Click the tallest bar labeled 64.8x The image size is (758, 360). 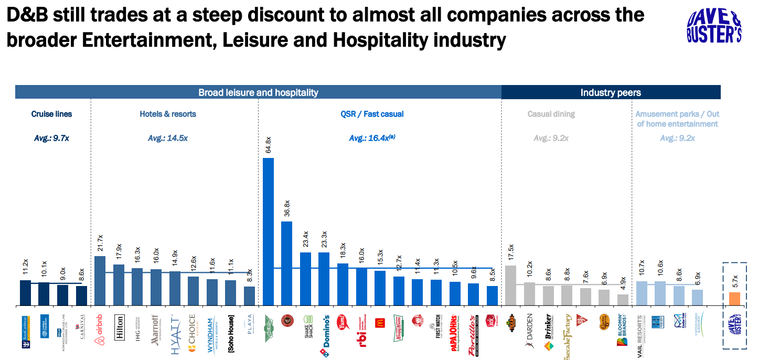pyautogui.click(x=268, y=231)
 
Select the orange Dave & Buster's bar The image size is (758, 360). pyautogui.click(x=734, y=299)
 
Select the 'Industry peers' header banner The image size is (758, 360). pyautogui.click(x=611, y=93)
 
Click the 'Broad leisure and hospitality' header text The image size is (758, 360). pyautogui.click(x=258, y=93)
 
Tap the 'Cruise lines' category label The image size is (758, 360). pyautogui.click(x=51, y=114)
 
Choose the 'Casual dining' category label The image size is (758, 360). pyautogui.click(x=551, y=114)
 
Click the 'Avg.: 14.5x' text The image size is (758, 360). pyautogui.click(x=168, y=138)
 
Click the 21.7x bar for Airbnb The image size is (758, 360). pyautogui.click(x=100, y=280)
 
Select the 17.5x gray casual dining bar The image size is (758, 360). pyautogui.click(x=510, y=285)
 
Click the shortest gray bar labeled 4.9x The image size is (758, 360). pyautogui.click(x=623, y=300)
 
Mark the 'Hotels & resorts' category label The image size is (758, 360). pyautogui.click(x=168, y=114)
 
